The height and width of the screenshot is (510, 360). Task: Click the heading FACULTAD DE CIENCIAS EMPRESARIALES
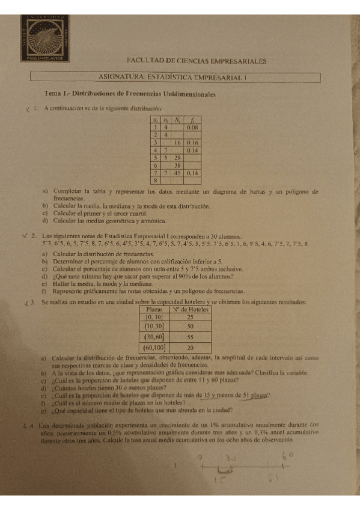197,61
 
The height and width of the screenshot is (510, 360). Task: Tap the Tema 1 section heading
130,94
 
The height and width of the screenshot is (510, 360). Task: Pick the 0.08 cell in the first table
192,128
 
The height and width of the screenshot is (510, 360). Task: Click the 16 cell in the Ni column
178,143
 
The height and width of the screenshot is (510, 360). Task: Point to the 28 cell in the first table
178,158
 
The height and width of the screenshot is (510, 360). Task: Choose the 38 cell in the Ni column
178,165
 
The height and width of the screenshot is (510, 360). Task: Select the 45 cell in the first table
178,172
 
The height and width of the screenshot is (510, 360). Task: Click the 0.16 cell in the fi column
192,143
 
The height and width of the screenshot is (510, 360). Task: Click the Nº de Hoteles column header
190,309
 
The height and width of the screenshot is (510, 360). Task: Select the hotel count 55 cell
190,337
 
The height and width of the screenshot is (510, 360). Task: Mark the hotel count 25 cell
190,317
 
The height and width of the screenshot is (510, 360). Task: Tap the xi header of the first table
155,120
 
